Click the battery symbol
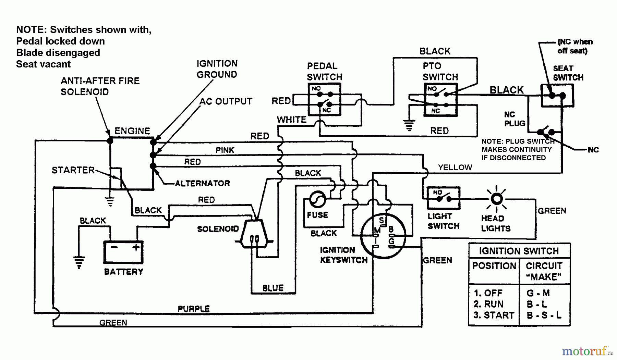[123, 252]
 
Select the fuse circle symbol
[318, 199]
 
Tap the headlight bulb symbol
[497, 199]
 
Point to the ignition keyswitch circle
[383, 235]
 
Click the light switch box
[443, 198]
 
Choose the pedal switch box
[324, 99]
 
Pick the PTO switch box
[441, 100]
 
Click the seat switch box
[557, 96]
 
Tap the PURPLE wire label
[194, 309]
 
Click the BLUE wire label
[273, 288]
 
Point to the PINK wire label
[225, 150]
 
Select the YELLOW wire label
[455, 167]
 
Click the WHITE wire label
[292, 120]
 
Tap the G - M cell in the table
[538, 293]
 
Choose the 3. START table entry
[494, 315]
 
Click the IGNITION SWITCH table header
[519, 251]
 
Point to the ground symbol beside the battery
[79, 262]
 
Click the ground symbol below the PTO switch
[409, 125]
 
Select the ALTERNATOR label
[202, 184]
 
